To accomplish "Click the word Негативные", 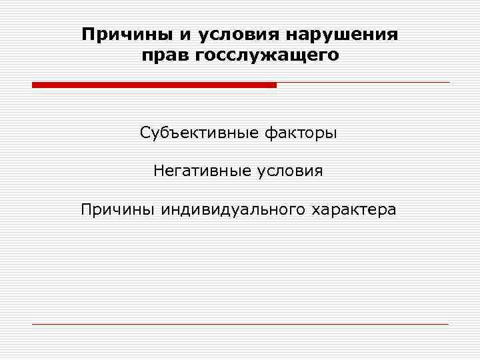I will click(x=201, y=171).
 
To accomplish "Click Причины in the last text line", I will click(x=117, y=209).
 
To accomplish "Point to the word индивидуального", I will click(x=233, y=209).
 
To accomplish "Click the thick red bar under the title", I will click(x=154, y=85).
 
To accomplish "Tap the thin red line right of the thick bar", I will click(x=363, y=82).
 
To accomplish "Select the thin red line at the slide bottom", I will click(x=240, y=324).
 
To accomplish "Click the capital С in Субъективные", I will click(x=145, y=133).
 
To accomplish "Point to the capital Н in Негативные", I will click(x=159, y=171).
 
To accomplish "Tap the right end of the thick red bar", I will click(x=274, y=85).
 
